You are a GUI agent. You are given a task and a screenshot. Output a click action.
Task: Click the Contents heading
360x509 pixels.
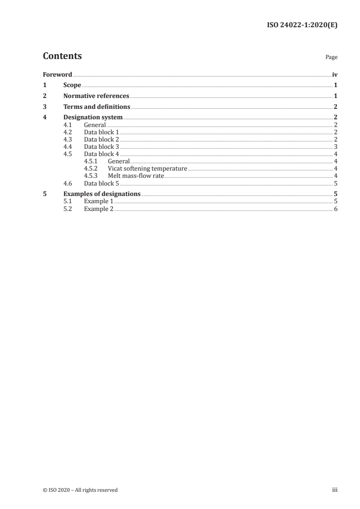click(62, 56)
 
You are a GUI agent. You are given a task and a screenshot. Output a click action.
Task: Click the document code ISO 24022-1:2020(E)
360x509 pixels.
click(301, 25)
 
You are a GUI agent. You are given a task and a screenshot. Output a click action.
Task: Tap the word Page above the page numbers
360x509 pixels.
click(331, 58)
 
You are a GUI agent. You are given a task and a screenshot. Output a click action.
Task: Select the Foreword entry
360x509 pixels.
click(57, 74)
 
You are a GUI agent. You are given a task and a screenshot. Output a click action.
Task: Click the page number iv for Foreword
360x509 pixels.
click(335, 74)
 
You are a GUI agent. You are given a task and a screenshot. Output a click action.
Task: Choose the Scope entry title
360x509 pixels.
click(72, 85)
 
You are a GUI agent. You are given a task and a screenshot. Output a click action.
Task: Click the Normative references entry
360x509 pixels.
click(96, 96)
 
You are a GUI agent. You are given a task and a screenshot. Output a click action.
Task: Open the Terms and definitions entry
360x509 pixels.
click(97, 107)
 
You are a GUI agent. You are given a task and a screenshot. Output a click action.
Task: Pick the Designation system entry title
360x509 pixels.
click(93, 118)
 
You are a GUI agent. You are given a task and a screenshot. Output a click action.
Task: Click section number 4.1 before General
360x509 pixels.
click(68, 125)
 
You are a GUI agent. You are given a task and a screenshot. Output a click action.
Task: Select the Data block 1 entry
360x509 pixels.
click(102, 132)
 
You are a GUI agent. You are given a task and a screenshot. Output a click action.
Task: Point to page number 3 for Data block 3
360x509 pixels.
click(335, 147)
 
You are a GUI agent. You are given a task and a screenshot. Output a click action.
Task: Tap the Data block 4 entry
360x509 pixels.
click(102, 154)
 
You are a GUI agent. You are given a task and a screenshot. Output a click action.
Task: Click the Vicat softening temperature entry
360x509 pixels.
click(148, 169)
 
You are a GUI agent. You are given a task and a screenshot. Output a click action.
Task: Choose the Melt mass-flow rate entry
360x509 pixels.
click(136, 176)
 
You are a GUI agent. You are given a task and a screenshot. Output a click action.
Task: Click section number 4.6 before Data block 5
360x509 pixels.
click(68, 183)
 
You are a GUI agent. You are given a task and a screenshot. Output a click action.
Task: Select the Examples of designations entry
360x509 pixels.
click(102, 194)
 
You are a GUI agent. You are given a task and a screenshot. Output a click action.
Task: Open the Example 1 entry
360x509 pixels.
click(99, 201)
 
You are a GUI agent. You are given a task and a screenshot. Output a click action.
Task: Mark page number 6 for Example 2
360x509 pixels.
click(335, 209)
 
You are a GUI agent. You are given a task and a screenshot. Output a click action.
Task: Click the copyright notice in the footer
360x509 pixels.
click(80, 490)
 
